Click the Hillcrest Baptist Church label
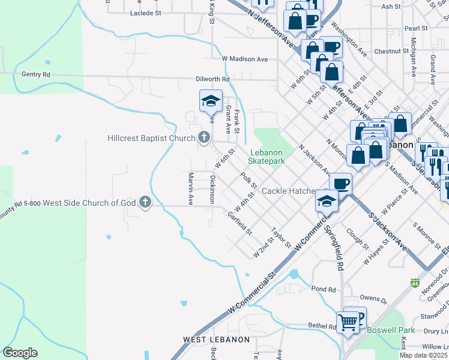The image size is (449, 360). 151,138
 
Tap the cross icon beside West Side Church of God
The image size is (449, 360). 145,203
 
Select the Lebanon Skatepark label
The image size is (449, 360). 266,157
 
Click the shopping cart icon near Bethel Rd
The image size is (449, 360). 348,322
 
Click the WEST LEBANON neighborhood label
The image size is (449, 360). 216,340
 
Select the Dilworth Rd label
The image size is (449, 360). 212,79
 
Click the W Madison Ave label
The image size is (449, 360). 244,59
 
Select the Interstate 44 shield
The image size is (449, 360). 415,282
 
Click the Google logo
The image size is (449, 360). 20,353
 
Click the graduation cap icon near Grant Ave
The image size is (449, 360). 211,101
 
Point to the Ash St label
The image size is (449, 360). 391,7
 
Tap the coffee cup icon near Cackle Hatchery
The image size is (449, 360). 340,183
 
